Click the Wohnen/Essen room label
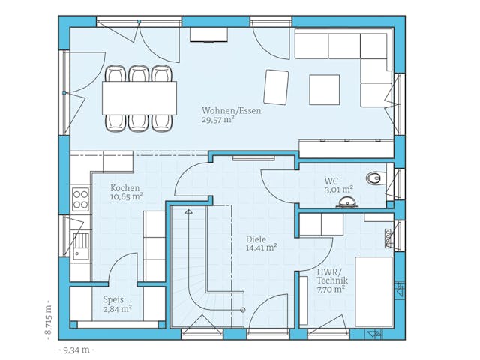(232, 110)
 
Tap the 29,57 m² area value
(218, 119)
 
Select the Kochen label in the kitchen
(125, 188)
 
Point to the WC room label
(331, 181)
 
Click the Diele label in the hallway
(256, 238)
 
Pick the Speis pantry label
(113, 300)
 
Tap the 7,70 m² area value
(331, 289)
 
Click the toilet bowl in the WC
(374, 178)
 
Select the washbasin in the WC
(347, 202)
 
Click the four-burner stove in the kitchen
(80, 199)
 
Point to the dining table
(139, 98)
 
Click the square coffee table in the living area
(324, 90)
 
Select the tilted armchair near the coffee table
(276, 87)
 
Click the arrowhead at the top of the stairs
(188, 211)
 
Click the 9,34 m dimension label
(76, 349)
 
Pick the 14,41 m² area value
(262, 247)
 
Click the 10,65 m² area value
(127, 196)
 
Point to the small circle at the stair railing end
(243, 310)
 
